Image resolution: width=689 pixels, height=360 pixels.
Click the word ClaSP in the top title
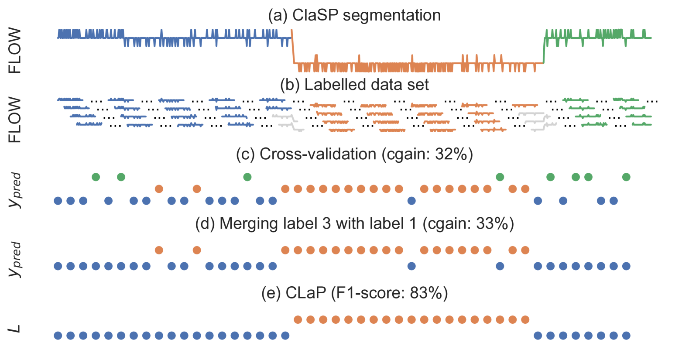315,15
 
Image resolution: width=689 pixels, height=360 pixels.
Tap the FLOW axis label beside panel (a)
15,50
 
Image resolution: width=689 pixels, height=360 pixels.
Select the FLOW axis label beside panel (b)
15,120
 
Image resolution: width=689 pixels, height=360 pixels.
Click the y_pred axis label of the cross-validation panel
15,190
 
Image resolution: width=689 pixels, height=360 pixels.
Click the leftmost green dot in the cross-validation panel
96,177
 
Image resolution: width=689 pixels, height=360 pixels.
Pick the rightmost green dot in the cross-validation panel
626,177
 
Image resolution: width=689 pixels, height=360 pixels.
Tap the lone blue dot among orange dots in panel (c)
411,201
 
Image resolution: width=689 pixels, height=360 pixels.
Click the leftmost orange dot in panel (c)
159,189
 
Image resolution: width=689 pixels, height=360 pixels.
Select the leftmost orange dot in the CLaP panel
298,320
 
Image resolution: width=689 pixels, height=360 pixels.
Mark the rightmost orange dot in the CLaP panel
525,320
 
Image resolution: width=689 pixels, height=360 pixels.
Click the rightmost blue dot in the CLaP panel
626,336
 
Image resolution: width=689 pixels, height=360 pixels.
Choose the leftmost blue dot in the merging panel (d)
58,266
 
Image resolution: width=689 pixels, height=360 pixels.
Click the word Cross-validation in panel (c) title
318,154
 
